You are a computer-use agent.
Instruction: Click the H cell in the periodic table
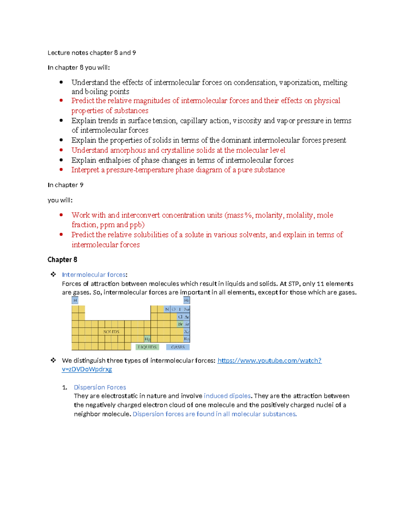pyautogui.click(x=75, y=300)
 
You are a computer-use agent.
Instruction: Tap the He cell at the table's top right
pyautogui.click(x=186, y=300)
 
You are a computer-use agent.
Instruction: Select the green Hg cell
pyautogui.click(x=147, y=339)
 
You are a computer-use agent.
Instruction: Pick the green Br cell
pyautogui.click(x=180, y=324)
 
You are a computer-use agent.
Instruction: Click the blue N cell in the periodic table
pyautogui.click(x=167, y=309)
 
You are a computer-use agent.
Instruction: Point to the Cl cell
pyautogui.click(x=180, y=317)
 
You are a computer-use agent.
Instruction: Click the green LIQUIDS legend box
pyautogui.click(x=147, y=347)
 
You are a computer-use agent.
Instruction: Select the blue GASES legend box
pyautogui.click(x=178, y=347)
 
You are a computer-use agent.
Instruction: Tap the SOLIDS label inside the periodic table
pyautogui.click(x=111, y=332)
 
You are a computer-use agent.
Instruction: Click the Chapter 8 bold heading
pyautogui.click(x=62, y=260)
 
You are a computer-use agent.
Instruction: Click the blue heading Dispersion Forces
pyautogui.click(x=100, y=387)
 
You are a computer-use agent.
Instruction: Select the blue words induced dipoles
pyautogui.click(x=227, y=396)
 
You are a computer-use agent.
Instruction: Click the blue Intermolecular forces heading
pyautogui.click(x=94, y=275)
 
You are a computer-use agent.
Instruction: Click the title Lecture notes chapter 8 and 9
pyautogui.click(x=92, y=53)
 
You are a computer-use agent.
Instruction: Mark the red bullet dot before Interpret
pyautogui.click(x=61, y=169)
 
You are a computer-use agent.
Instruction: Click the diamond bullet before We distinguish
pyautogui.click(x=53, y=360)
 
